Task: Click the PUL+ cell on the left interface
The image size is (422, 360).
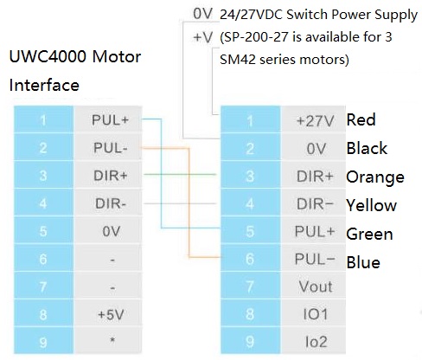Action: coord(111,119)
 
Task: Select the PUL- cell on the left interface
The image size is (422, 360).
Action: coord(111,147)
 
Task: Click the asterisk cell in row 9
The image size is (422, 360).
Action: coord(111,341)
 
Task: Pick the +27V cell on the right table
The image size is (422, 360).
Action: coord(314,120)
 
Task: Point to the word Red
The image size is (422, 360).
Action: coord(361,119)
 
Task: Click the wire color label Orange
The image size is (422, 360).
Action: coord(374,177)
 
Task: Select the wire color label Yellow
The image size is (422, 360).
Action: coord(371,206)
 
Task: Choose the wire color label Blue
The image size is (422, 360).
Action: coord(363,262)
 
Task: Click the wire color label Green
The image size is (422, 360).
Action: coord(369,234)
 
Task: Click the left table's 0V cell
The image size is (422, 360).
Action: coord(111,230)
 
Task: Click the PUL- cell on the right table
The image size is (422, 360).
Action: coord(314,259)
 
